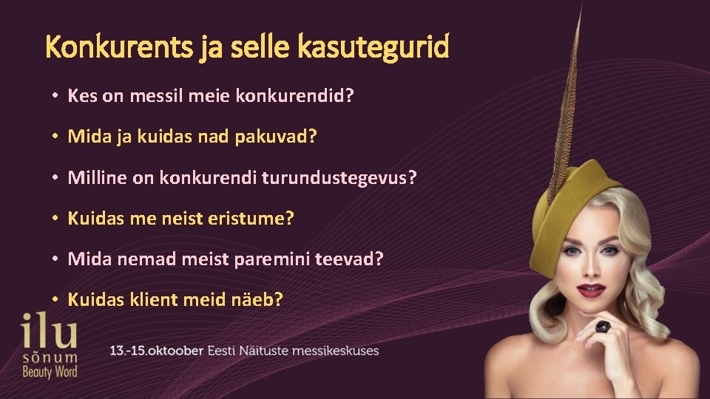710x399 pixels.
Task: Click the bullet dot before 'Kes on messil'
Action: click(x=55, y=96)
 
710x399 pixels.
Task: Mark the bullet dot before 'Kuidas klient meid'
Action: click(x=55, y=301)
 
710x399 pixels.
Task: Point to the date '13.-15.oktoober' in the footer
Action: click(x=156, y=350)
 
